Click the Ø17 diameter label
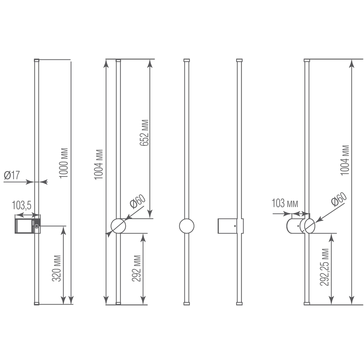pos(12,175)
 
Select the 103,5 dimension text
pos(22,205)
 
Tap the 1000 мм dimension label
pos(63,163)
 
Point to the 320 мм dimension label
pos(57,269)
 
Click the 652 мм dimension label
pos(144,133)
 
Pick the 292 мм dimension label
pos(136,269)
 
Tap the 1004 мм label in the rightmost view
pos(345,160)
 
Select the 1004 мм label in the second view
pos(98,164)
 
